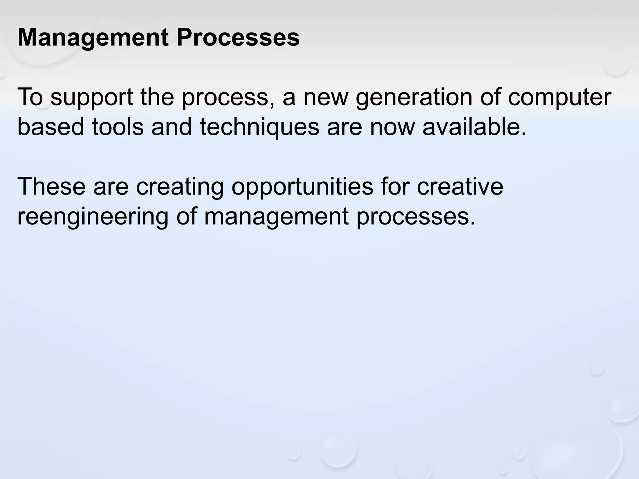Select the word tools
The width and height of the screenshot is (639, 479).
click(x=118, y=127)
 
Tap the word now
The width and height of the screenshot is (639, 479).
click(x=392, y=127)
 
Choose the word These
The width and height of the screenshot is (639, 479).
click(x=51, y=186)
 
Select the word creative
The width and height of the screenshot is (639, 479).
click(x=460, y=186)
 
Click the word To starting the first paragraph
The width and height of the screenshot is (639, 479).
click(x=30, y=97)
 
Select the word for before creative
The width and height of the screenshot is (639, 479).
click(x=395, y=186)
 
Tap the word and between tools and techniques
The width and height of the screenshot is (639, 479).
click(x=171, y=127)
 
